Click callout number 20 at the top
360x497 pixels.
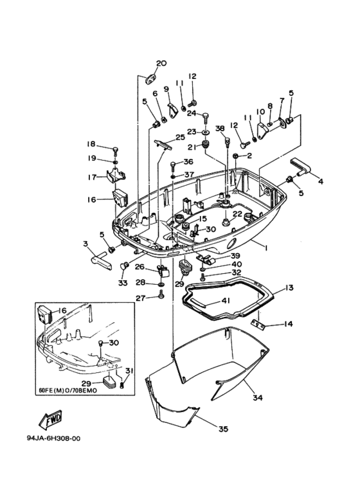coord(161,63)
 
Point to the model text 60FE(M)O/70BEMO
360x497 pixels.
coord(67,390)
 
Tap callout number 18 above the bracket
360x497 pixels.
coord(91,144)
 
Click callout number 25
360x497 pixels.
coord(180,137)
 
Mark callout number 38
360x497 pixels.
coord(220,128)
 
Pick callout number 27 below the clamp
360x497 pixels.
coord(140,297)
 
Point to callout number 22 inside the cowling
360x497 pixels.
coord(237,214)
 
